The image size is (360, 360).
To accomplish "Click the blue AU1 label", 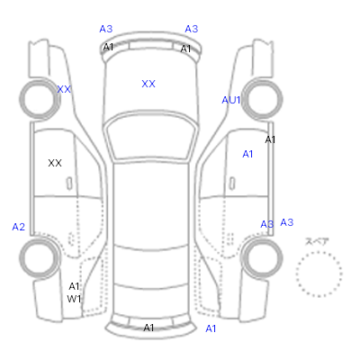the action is [x=231, y=100].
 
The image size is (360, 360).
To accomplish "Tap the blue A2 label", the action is [x=19, y=227].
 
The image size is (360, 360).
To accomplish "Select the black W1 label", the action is [x=74, y=299].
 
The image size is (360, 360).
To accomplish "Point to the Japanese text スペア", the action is [x=317, y=241].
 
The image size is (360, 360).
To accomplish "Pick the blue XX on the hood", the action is [x=148, y=84].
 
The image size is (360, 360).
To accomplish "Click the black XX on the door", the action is [x=55, y=163].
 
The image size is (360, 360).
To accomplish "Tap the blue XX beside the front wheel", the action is [x=64, y=89].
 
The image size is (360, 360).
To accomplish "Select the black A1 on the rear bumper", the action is [x=148, y=328].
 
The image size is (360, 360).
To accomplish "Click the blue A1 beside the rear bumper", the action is [x=211, y=329].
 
